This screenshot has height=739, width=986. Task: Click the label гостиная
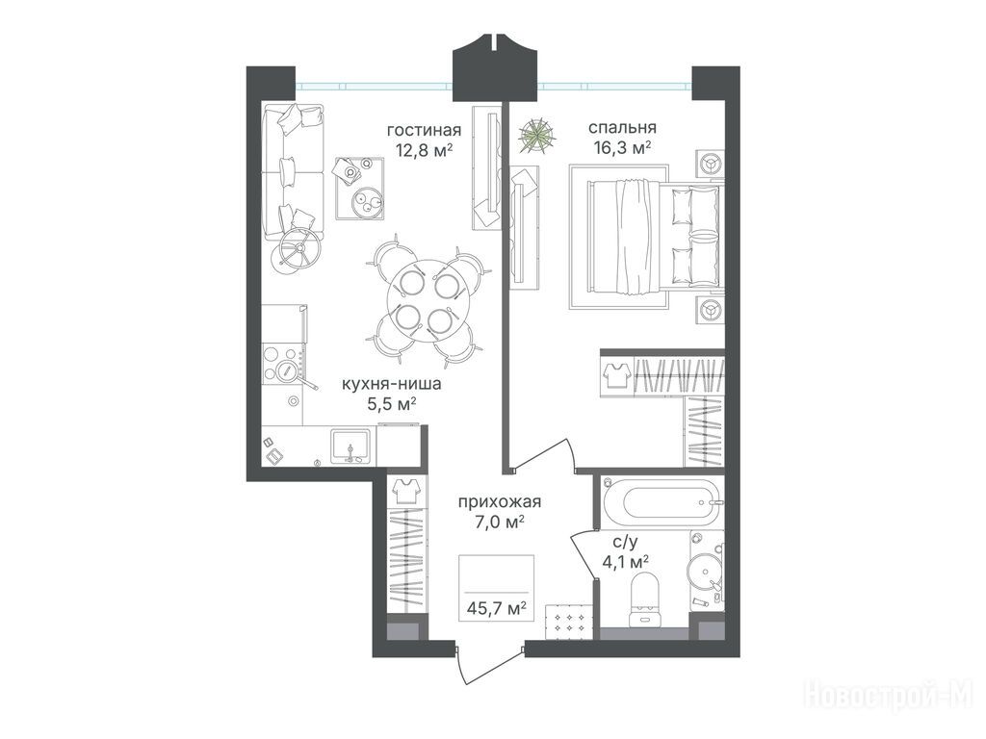click(x=424, y=131)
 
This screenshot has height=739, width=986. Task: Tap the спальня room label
click(x=622, y=128)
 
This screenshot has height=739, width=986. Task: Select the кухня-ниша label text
click(x=391, y=384)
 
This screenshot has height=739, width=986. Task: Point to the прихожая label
click(x=500, y=501)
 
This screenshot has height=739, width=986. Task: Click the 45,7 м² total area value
click(x=496, y=608)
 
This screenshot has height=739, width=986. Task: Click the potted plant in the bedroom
click(x=536, y=135)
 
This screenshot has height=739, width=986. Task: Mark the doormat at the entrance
click(x=568, y=621)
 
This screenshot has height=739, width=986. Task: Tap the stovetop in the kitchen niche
click(x=284, y=366)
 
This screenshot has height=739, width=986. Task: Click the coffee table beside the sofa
click(x=359, y=188)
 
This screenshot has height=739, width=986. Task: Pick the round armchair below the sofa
click(x=297, y=250)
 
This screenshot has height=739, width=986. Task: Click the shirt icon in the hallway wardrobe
click(x=407, y=490)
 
